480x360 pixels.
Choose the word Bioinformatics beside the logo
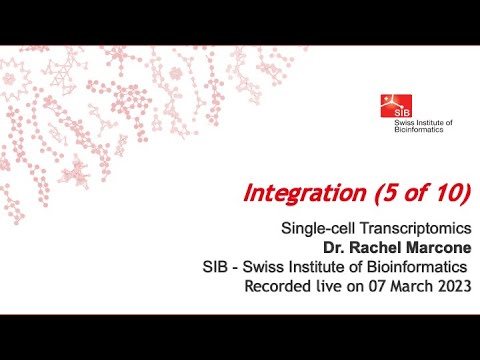coord(423,130)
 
